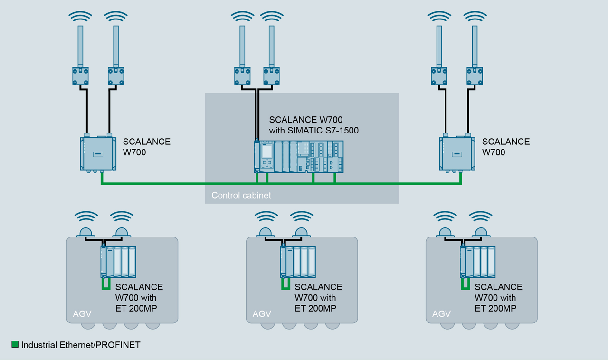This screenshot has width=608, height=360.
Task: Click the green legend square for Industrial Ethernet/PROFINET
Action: point(15,344)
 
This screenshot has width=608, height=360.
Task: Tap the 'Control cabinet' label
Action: point(241,195)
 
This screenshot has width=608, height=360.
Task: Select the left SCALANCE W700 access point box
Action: point(98,154)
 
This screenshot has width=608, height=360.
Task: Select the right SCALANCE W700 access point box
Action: point(457,154)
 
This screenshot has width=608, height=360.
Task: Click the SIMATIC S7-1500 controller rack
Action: point(299,157)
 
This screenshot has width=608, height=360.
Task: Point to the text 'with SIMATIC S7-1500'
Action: point(313,130)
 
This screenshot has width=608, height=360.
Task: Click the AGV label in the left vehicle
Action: point(82,314)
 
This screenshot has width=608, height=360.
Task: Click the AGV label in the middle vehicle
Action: point(262,314)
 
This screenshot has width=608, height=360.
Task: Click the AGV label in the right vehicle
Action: point(441,314)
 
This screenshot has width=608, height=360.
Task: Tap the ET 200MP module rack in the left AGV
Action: point(118,262)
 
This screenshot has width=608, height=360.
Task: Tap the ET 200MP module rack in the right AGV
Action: point(477,262)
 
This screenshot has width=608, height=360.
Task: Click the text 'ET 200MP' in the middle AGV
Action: point(315,308)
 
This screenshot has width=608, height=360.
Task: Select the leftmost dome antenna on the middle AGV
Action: point(266,233)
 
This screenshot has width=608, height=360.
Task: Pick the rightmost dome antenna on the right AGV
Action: point(480,233)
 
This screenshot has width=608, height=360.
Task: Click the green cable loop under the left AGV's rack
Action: point(106,284)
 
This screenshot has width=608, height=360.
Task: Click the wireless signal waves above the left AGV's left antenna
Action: point(86,217)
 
